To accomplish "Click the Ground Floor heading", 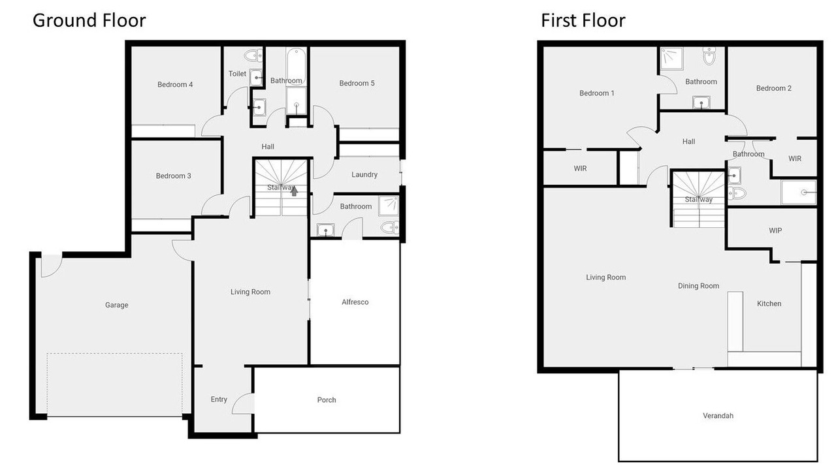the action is tap(89, 20).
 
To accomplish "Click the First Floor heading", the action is tap(583, 20).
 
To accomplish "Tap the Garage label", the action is tap(116, 305).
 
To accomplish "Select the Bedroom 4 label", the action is tap(175, 85).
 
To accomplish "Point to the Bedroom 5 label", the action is tap(357, 83).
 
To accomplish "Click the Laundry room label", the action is tap(364, 174).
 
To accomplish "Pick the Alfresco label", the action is tap(355, 302).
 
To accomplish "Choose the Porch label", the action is tap(327, 400).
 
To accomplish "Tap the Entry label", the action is tap(219, 399).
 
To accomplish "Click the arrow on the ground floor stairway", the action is tap(294, 191).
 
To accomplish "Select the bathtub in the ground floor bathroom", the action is tap(297, 67).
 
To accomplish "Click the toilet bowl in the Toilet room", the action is tap(253, 56).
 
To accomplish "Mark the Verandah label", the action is tap(718, 416).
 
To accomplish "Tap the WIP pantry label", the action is tap(775, 230).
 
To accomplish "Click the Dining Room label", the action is tap(698, 286).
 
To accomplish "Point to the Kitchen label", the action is tap(769, 304).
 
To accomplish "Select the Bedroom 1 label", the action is tap(596, 93).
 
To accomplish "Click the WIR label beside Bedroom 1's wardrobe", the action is tap(580, 168).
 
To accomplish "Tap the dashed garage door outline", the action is tap(114, 384).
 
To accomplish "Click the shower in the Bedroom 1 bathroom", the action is tap(672, 59).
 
